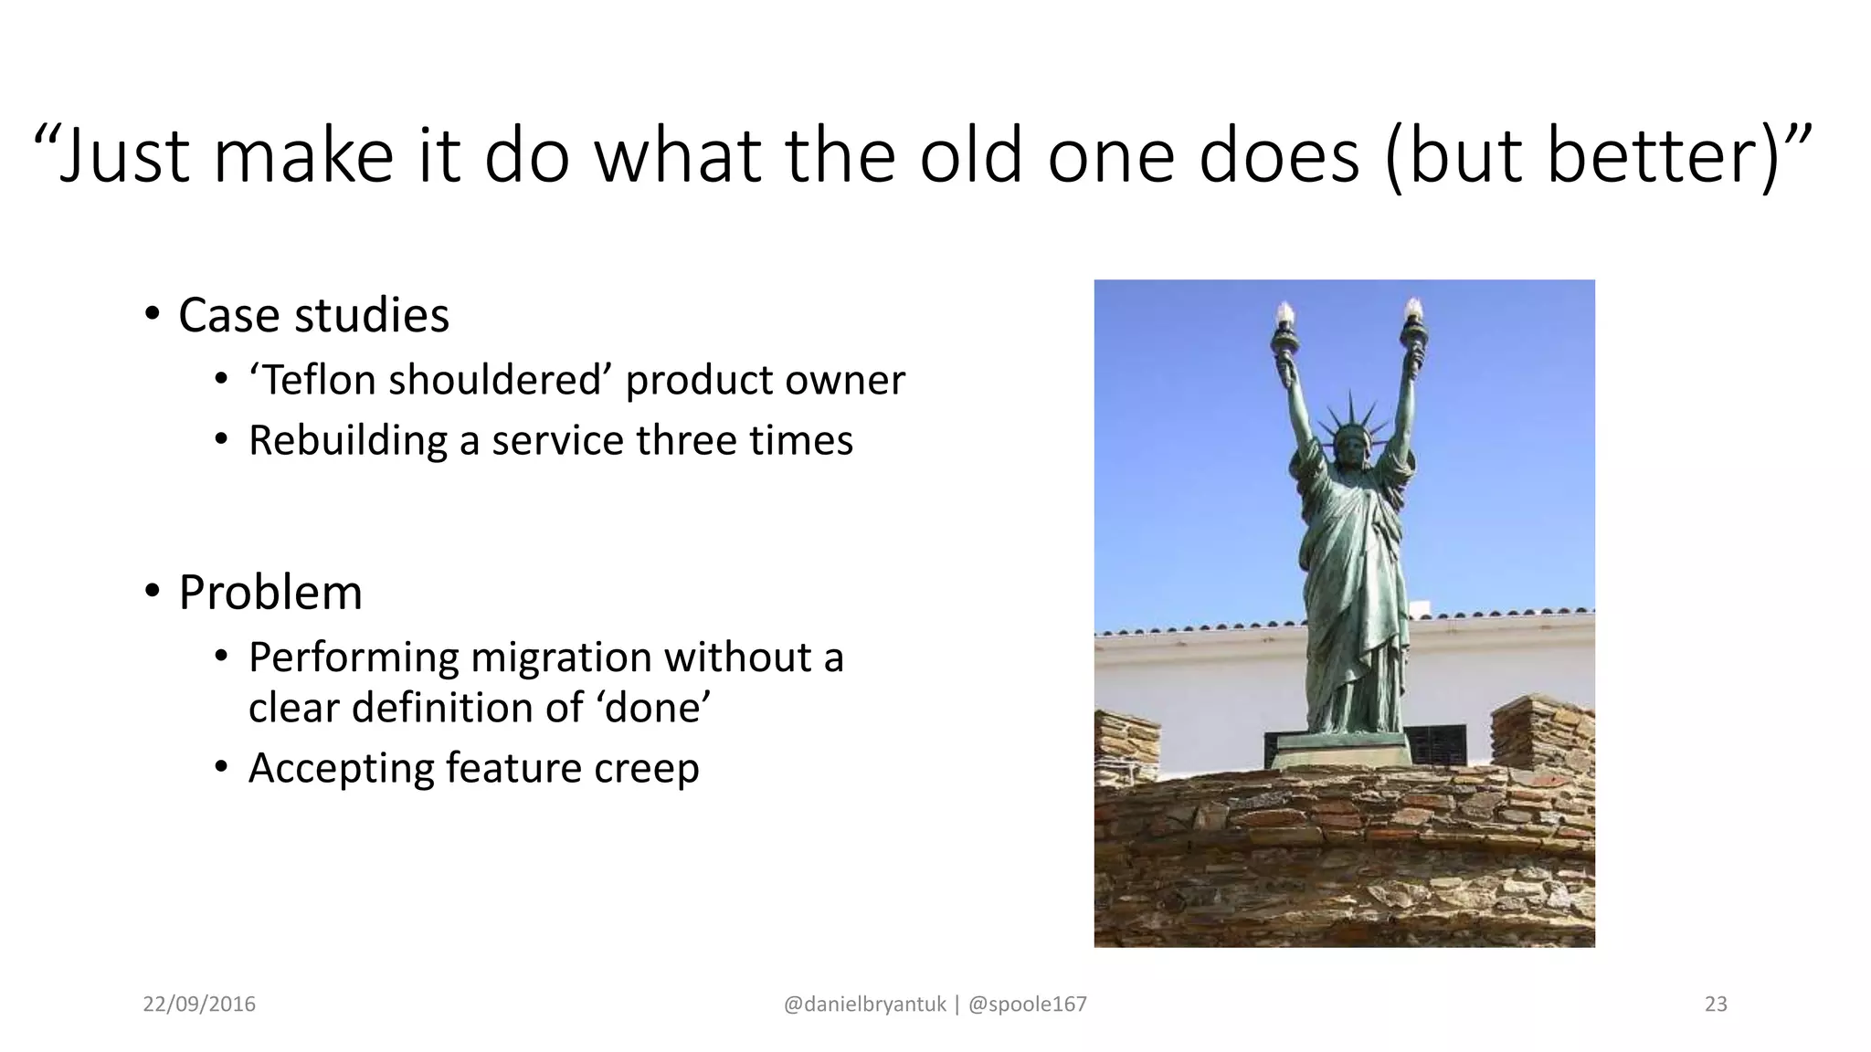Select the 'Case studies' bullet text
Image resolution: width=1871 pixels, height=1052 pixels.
point(313,316)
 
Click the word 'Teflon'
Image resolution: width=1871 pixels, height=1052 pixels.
point(316,380)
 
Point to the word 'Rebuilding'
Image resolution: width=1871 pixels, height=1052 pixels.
point(346,441)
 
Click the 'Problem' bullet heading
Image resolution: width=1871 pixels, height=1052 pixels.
point(270,593)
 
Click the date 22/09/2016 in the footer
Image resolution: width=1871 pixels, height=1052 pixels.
point(199,1005)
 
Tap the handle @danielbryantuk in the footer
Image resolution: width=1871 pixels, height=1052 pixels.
point(865,1005)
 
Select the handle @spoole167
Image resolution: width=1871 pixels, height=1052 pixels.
point(1027,1005)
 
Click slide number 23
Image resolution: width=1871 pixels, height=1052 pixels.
point(1716,1005)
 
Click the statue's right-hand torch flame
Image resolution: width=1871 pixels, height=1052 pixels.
point(1413,310)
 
